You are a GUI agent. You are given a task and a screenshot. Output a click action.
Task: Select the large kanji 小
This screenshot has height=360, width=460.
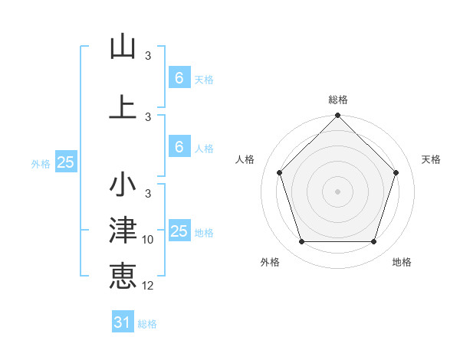pos(123,185)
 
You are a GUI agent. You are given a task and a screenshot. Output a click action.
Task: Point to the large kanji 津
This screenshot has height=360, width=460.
pos(123,231)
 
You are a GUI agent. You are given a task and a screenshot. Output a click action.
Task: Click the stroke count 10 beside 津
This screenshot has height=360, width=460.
pos(148,240)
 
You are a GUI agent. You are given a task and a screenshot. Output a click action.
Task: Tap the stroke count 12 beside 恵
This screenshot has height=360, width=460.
pos(148,286)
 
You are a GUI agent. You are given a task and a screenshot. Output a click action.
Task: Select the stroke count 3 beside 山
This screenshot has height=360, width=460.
pos(148,56)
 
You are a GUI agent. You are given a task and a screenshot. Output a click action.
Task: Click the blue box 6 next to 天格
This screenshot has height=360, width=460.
pos(179,77)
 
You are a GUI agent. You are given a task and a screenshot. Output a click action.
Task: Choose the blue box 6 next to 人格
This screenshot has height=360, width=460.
pos(179,146)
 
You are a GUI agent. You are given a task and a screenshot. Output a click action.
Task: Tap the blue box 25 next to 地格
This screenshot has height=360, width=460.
pos(179,231)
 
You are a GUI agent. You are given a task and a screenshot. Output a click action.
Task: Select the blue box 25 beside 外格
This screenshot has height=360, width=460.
pos(65,162)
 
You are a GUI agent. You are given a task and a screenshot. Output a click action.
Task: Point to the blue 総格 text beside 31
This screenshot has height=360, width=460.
pos(147,324)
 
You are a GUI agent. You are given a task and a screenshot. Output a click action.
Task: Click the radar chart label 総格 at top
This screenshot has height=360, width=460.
pos(338,100)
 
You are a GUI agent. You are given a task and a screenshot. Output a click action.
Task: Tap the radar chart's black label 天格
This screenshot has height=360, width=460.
pos(432,159)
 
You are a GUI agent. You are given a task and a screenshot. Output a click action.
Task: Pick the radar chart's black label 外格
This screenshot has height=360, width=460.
pos(270,262)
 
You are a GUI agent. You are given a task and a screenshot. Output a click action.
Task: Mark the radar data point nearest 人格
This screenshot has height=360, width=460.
pos(280,172)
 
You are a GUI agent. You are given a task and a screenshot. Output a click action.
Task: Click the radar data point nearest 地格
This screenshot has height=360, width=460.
pos(374,242)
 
